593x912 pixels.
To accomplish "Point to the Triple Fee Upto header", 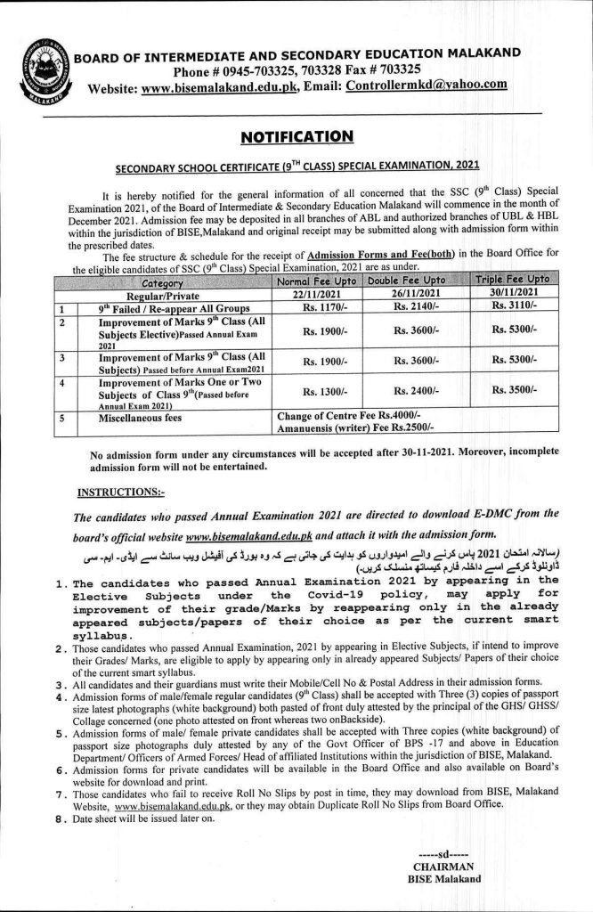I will coord(508,280).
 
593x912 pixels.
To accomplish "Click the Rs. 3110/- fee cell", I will coord(508,305).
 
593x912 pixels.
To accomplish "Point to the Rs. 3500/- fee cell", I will coord(508,391).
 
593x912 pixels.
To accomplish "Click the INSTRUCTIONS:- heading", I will coord(115,491).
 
